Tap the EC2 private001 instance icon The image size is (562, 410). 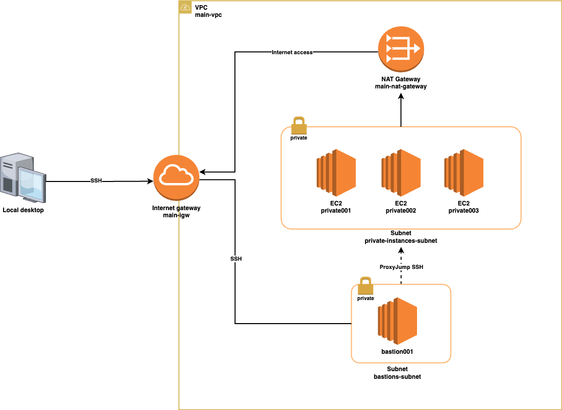click(335, 173)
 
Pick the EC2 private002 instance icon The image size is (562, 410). click(401, 173)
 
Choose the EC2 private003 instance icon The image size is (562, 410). click(463, 173)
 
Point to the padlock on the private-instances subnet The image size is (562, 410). click(299, 125)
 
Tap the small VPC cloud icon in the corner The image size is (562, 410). click(185, 8)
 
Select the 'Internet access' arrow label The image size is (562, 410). click(292, 52)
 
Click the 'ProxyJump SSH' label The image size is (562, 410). click(401, 267)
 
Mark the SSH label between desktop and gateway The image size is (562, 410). click(95, 181)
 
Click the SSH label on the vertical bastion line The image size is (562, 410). click(236, 259)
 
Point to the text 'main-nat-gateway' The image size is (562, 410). click(401, 87)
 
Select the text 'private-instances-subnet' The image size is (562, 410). click(401, 240)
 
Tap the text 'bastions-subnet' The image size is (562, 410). click(397, 377)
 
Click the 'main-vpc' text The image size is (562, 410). click(208, 15)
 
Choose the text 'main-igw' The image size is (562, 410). click(176, 216)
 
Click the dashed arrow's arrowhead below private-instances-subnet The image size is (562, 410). click(401, 250)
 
